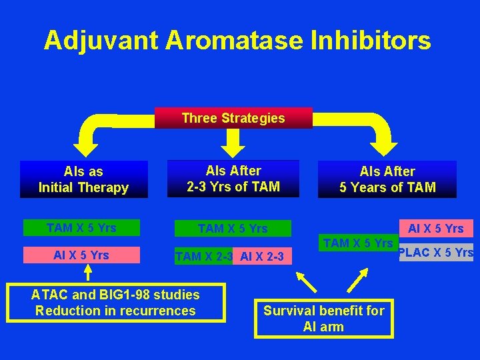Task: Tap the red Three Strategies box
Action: point(233,118)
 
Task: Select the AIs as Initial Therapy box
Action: point(83,179)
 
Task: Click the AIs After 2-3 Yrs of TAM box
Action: point(233,179)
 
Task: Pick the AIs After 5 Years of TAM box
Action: point(387,179)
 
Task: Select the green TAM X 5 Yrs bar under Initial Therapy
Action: point(81,228)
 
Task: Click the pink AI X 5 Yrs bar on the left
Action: point(81,255)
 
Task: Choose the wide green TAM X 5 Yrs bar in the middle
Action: point(233,229)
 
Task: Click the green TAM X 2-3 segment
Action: point(203,256)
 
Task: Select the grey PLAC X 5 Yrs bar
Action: point(436,253)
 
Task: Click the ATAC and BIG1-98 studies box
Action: point(115,303)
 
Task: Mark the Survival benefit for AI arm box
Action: point(324,318)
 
